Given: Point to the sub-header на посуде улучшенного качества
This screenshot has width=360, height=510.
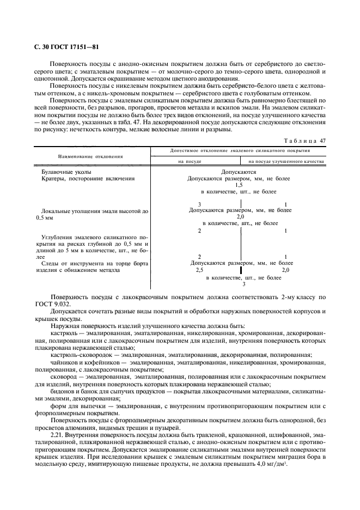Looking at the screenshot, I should [286, 161].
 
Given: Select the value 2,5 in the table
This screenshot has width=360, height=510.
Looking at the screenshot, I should [199, 270].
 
